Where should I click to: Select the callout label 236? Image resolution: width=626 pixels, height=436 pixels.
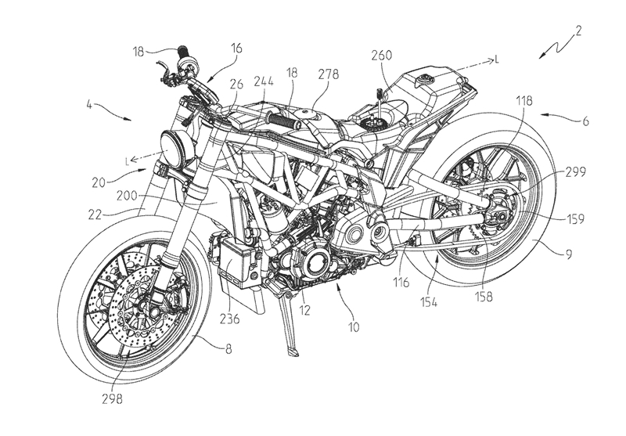[x=228, y=319]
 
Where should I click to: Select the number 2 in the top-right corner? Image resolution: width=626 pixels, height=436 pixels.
[x=577, y=33]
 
